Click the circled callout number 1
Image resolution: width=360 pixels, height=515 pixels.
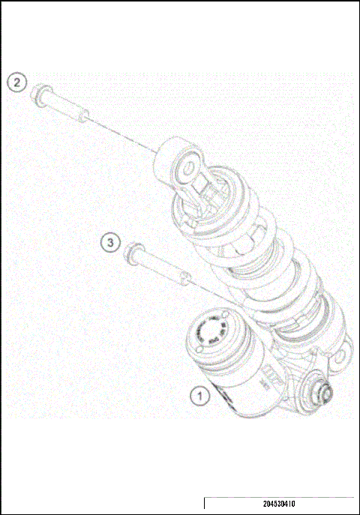point(199,393)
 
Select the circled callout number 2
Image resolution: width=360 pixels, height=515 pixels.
point(18,82)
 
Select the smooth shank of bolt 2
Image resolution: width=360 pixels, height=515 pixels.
point(64,106)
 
